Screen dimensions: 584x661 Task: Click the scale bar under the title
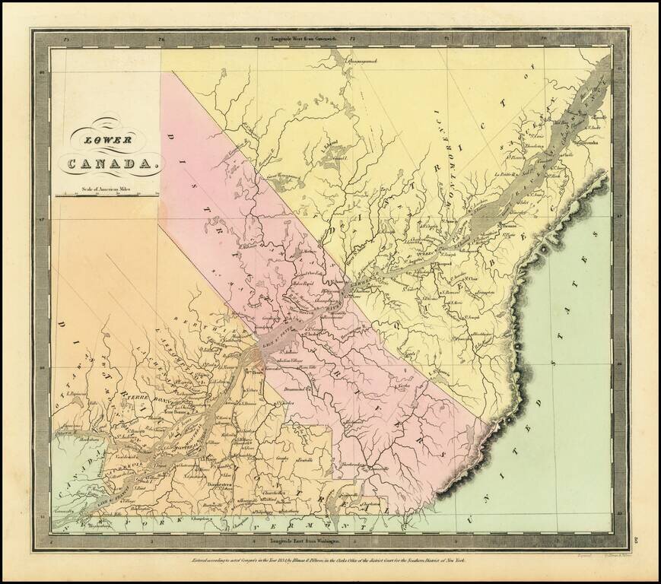click(106, 195)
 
